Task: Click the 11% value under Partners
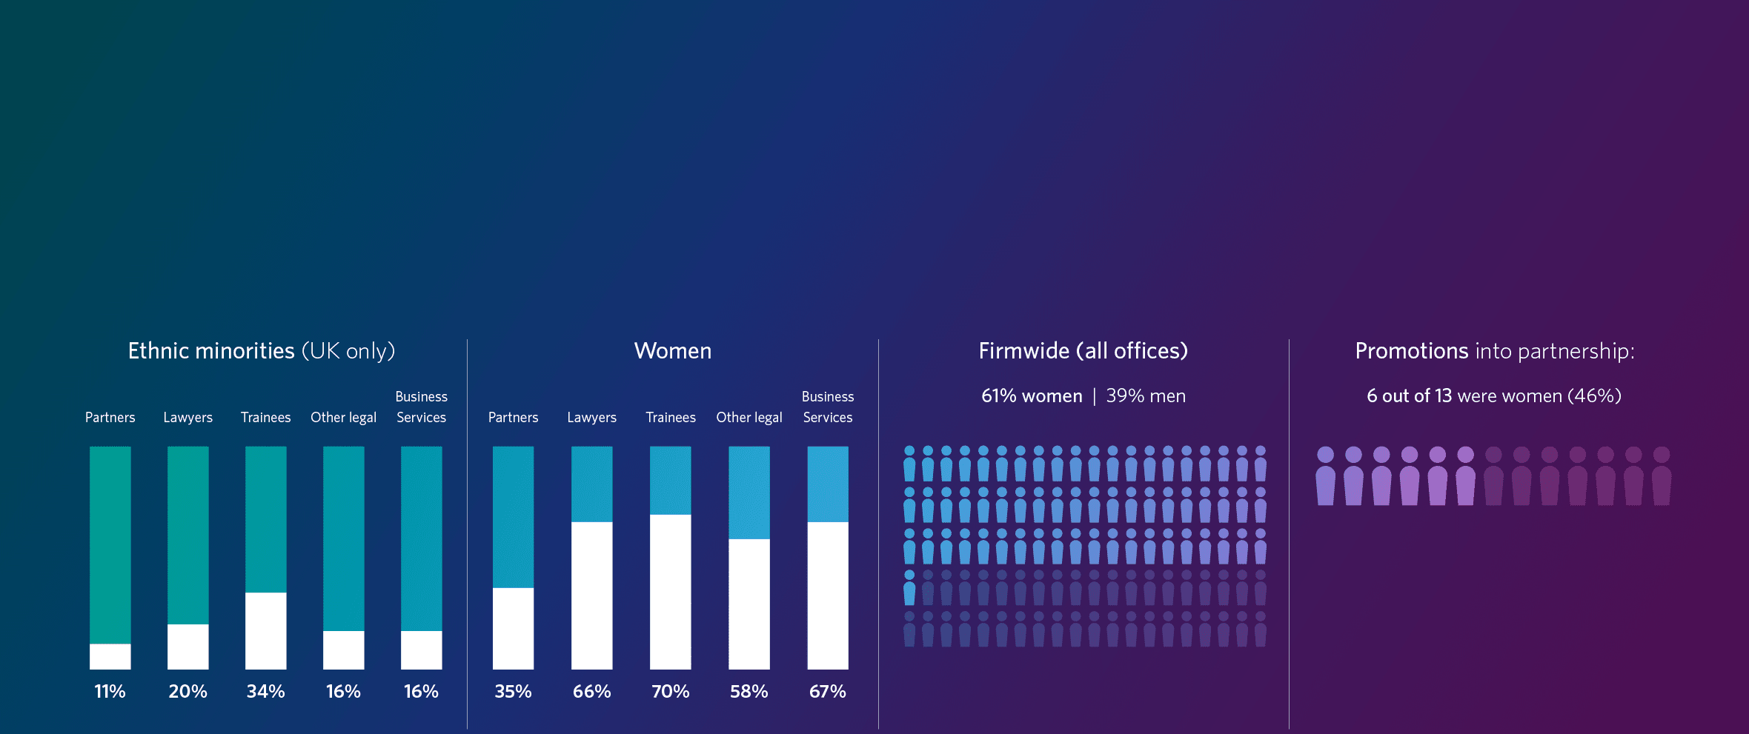coord(110,691)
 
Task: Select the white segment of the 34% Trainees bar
coord(265,630)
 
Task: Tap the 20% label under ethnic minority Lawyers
coord(187,691)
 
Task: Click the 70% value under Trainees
coord(670,691)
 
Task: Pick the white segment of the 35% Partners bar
coord(513,628)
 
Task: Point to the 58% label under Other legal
coord(749,691)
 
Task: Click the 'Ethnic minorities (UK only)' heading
coord(261,350)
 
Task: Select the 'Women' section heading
coord(672,350)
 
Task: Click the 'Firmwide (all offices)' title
coord(1083,350)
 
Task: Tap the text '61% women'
coord(1032,396)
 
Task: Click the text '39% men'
coord(1146,396)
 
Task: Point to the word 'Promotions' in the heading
coord(1411,350)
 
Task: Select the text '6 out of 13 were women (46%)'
coord(1494,396)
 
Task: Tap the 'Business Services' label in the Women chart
coord(828,407)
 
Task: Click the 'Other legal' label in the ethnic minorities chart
coord(343,417)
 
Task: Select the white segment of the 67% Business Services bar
coord(827,595)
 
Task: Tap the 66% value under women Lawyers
coord(591,691)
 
